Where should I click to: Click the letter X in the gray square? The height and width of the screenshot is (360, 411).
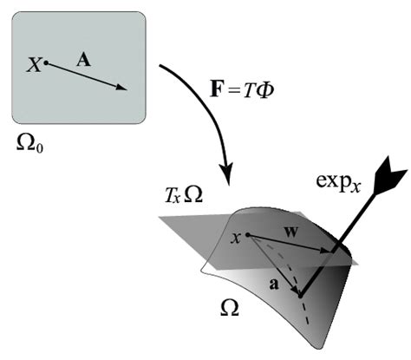(34, 66)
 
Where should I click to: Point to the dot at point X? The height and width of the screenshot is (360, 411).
(46, 62)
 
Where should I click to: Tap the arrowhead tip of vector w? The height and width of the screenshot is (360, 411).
(329, 253)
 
